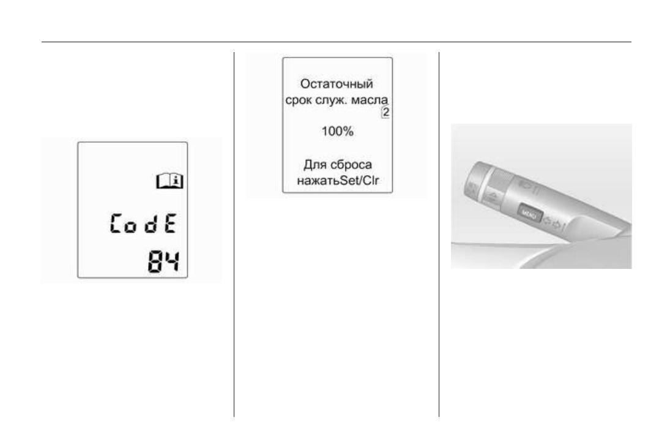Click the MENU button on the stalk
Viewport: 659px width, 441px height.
[x=530, y=213]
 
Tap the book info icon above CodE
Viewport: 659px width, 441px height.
[x=169, y=181]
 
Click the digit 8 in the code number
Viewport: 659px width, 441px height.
[x=155, y=262]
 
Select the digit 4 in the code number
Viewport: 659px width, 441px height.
[x=171, y=262]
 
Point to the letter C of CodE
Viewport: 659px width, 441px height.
[x=116, y=223]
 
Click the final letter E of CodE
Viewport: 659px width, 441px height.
[x=170, y=223]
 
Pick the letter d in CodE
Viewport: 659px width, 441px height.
[x=151, y=224]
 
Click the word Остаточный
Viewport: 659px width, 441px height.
[x=337, y=84]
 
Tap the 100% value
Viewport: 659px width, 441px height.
[x=338, y=131]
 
